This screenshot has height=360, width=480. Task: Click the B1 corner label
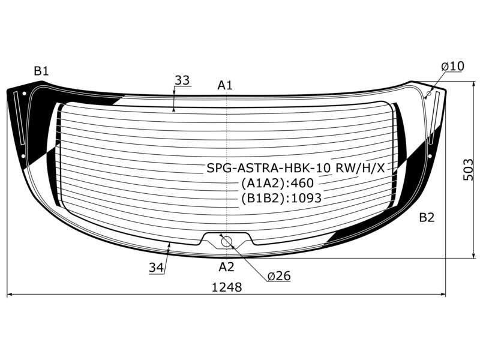(x=41, y=71)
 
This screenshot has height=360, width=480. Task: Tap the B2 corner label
(x=427, y=218)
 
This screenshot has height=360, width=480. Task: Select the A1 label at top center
(x=225, y=85)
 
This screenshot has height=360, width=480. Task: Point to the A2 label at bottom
(x=226, y=267)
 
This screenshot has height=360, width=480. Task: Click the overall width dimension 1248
(x=227, y=287)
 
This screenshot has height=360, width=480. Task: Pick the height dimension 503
(x=468, y=170)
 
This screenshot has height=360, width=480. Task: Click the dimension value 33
(x=182, y=80)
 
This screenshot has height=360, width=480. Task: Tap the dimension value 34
(x=157, y=268)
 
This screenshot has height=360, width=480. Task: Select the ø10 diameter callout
(x=453, y=66)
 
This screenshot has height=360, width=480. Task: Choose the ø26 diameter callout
(x=279, y=276)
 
